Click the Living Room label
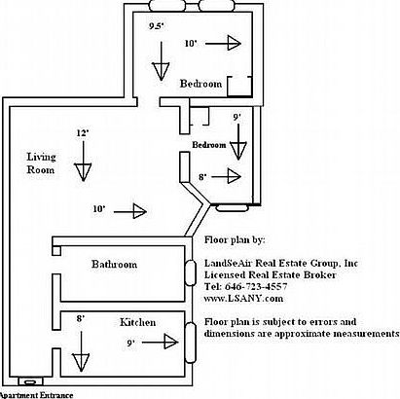(x=42, y=163)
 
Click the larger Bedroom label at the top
(x=200, y=85)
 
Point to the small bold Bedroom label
(x=209, y=144)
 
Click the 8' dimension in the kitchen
(x=81, y=318)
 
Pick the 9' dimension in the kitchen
(x=131, y=343)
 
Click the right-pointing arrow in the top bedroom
(x=230, y=44)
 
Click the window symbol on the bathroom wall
(x=190, y=266)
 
